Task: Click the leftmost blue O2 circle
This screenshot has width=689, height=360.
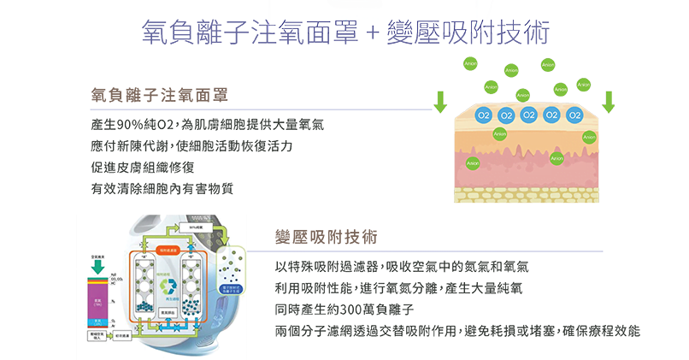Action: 484,115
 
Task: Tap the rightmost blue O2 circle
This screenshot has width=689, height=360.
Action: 574,115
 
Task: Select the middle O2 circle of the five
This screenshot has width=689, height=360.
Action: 529,115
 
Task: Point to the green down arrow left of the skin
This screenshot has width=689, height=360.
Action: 441,103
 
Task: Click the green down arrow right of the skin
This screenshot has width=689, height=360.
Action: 609,103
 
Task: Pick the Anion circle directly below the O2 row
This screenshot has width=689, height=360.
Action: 499,133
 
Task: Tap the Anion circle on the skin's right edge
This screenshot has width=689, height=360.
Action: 589,137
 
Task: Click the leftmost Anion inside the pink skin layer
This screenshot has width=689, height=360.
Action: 470,162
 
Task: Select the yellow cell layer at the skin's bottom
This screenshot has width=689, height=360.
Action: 526,195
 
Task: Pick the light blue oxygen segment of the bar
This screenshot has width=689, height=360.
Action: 97,322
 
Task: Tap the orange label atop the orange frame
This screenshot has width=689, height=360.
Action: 168,250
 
